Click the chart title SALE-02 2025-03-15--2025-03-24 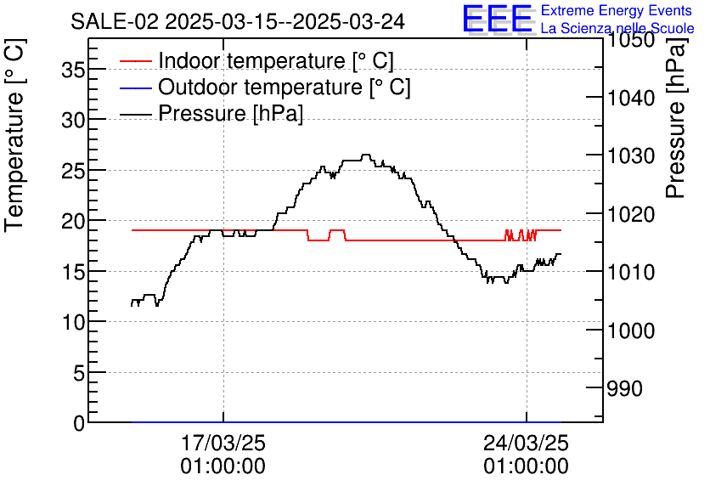(x=237, y=21)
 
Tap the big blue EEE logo (x=497, y=20)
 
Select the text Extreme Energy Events (x=617, y=11)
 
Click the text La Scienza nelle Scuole (x=617, y=28)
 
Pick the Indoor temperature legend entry (x=275, y=61)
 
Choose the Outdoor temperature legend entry (x=284, y=87)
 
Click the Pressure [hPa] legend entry (x=230, y=113)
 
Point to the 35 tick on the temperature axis (x=74, y=71)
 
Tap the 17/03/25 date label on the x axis (x=223, y=444)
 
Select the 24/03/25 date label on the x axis (x=527, y=444)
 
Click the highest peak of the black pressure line (x=366, y=155)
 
